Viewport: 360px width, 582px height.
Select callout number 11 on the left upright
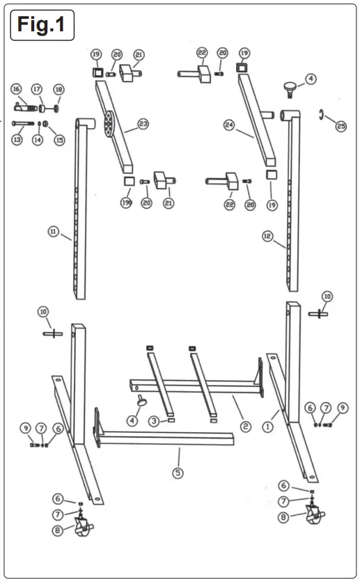(x=53, y=233)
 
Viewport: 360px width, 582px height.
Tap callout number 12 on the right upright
(x=267, y=236)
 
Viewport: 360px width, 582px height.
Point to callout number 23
(x=143, y=124)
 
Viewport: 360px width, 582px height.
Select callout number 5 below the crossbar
(x=179, y=473)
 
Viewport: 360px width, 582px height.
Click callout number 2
(x=243, y=425)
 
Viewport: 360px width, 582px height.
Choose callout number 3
(x=152, y=421)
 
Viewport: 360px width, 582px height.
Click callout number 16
(x=16, y=88)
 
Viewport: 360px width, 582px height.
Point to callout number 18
(x=58, y=89)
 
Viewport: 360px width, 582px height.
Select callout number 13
(x=16, y=140)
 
